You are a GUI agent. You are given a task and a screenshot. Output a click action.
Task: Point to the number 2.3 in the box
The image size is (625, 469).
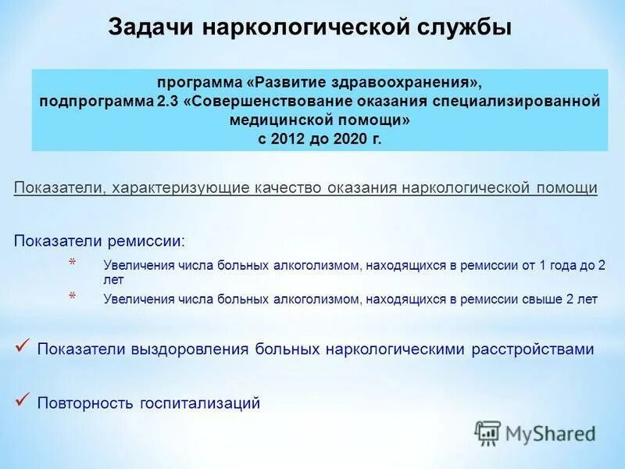[x=171, y=102]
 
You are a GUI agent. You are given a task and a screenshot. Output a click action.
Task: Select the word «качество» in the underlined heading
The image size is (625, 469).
[x=289, y=188]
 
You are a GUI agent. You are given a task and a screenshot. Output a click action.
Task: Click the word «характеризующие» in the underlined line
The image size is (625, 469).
[x=179, y=188]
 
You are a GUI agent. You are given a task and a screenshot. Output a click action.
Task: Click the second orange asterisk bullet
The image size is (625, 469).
[x=72, y=296]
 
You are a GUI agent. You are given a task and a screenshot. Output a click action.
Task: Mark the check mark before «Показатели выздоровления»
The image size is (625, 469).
[x=23, y=347]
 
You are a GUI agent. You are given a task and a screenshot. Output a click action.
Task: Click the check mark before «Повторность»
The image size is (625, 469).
[x=23, y=402]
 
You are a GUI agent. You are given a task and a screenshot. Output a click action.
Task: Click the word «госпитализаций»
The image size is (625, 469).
[x=200, y=404]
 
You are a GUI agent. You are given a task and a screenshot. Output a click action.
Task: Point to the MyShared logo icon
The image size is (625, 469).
[x=487, y=432]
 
